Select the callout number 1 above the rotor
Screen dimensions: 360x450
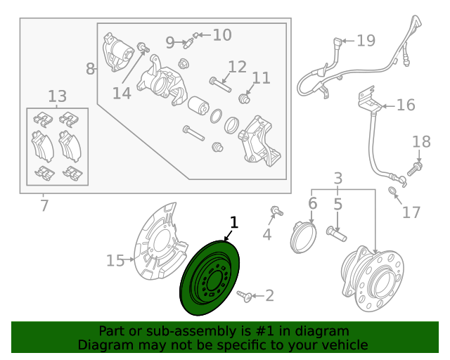234,224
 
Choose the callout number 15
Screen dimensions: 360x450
115,261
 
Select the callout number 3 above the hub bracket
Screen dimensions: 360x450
337,179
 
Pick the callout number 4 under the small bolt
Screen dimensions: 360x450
267,234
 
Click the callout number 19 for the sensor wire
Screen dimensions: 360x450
366,41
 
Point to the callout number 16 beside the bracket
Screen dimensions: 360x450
406,105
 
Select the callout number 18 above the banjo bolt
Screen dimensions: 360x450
421,142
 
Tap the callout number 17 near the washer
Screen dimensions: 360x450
411,212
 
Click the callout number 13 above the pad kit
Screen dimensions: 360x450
58,96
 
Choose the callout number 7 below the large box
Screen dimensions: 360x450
44,206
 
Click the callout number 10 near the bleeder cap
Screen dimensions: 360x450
221,34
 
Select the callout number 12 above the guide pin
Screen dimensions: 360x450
238,67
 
